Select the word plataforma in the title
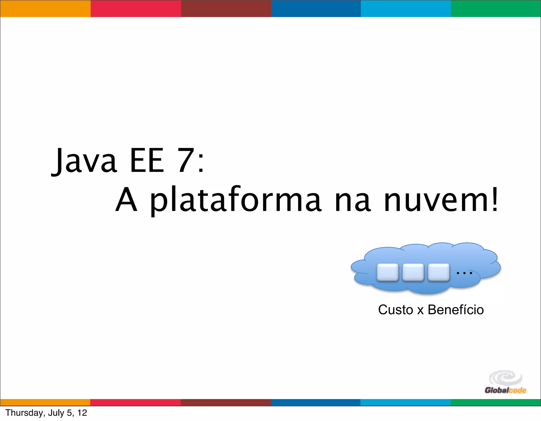[x=236, y=200]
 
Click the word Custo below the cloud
[x=395, y=310]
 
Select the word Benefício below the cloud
[x=456, y=310]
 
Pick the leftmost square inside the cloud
[x=387, y=272]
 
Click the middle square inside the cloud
[x=413, y=272]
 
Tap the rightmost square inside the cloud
[x=439, y=272]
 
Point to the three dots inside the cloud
[x=464, y=272]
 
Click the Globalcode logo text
[x=505, y=390]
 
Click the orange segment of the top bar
[x=45, y=8]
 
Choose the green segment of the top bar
[x=496, y=8]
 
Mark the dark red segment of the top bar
[x=226, y=8]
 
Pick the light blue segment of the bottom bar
[x=405, y=402]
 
